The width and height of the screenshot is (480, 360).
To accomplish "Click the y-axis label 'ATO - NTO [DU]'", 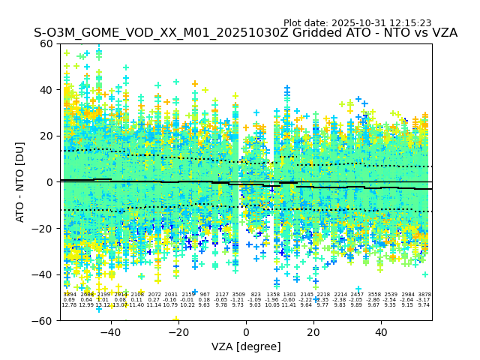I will (x=20, y=181).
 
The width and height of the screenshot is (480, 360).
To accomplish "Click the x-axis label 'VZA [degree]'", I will (x=246, y=346).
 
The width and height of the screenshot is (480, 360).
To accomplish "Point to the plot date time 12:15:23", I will (x=409, y=23).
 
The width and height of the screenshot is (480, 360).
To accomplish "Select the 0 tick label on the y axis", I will (x=52, y=182).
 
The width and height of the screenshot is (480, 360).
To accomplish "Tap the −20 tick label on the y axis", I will (x=45, y=229).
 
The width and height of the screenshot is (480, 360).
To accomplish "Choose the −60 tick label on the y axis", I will (x=45, y=321).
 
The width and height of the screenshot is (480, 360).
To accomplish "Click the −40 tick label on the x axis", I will (x=111, y=331).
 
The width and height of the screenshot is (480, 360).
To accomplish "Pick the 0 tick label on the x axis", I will (x=246, y=331).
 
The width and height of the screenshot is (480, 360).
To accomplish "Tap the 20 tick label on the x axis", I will (x=313, y=331).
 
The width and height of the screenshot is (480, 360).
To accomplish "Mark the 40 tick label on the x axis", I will (x=381, y=331).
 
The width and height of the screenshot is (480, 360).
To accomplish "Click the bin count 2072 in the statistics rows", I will (x=154, y=295).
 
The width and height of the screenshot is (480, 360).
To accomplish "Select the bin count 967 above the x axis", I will (x=205, y=295).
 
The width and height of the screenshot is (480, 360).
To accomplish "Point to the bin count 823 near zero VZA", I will (x=256, y=295).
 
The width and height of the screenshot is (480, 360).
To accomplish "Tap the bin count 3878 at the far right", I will (x=424, y=295).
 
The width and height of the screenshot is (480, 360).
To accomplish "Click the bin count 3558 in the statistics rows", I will (x=374, y=295).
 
